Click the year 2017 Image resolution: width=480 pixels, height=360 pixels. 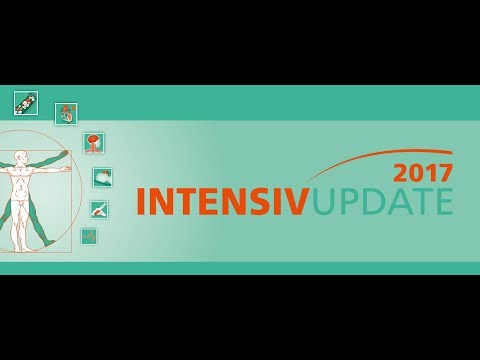[x=424, y=172]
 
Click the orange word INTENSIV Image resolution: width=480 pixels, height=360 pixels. [x=223, y=201]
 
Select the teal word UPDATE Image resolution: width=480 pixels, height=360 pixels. [x=383, y=201]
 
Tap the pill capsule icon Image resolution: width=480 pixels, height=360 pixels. [x=26, y=102]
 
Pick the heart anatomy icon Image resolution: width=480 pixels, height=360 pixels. [x=66, y=113]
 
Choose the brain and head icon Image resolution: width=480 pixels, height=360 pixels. [x=93, y=142]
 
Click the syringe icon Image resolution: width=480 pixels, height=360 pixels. [x=100, y=209]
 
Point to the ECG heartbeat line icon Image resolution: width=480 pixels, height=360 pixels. [x=89, y=236]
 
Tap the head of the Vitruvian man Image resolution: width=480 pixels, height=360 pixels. [x=22, y=160]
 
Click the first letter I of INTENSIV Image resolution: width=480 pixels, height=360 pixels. [x=141, y=201]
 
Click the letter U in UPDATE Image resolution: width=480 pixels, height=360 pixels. [x=324, y=201]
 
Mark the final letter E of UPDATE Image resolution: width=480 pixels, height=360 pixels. [x=443, y=201]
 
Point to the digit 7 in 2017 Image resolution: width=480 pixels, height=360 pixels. [x=445, y=172]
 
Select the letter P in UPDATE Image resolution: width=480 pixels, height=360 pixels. [x=348, y=201]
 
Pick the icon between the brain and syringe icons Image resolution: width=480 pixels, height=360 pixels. [x=102, y=177]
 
